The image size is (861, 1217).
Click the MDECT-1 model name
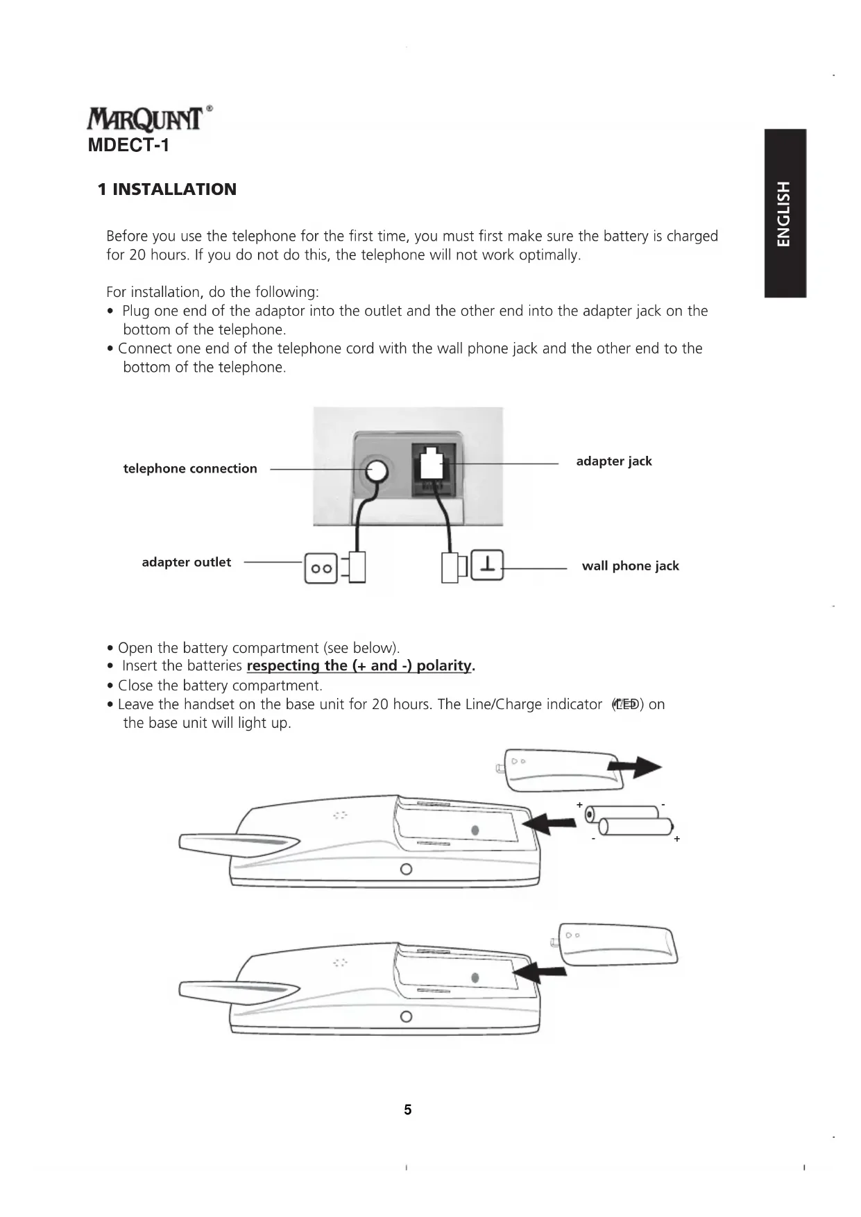coord(128,146)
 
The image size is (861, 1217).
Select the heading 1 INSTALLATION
coord(167,189)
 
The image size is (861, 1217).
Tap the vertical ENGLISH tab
coord(785,213)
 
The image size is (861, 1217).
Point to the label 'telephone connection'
coord(190,469)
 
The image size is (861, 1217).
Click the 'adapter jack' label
coord(614,461)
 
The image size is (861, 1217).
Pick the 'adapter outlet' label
coord(186,562)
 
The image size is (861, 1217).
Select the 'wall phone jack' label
coord(630,566)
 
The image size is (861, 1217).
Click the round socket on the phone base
coord(377,472)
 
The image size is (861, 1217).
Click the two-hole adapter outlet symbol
coord(321,568)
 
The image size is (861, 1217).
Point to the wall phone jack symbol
coord(488,565)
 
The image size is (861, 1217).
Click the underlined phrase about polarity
coord(360,666)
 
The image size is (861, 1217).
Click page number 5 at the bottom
coord(408,1109)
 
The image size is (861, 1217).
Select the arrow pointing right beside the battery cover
coord(634,767)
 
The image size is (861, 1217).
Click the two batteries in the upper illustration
coord(629,819)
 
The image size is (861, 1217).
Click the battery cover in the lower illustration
coord(618,944)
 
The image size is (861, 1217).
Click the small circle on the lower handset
coord(407,1016)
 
